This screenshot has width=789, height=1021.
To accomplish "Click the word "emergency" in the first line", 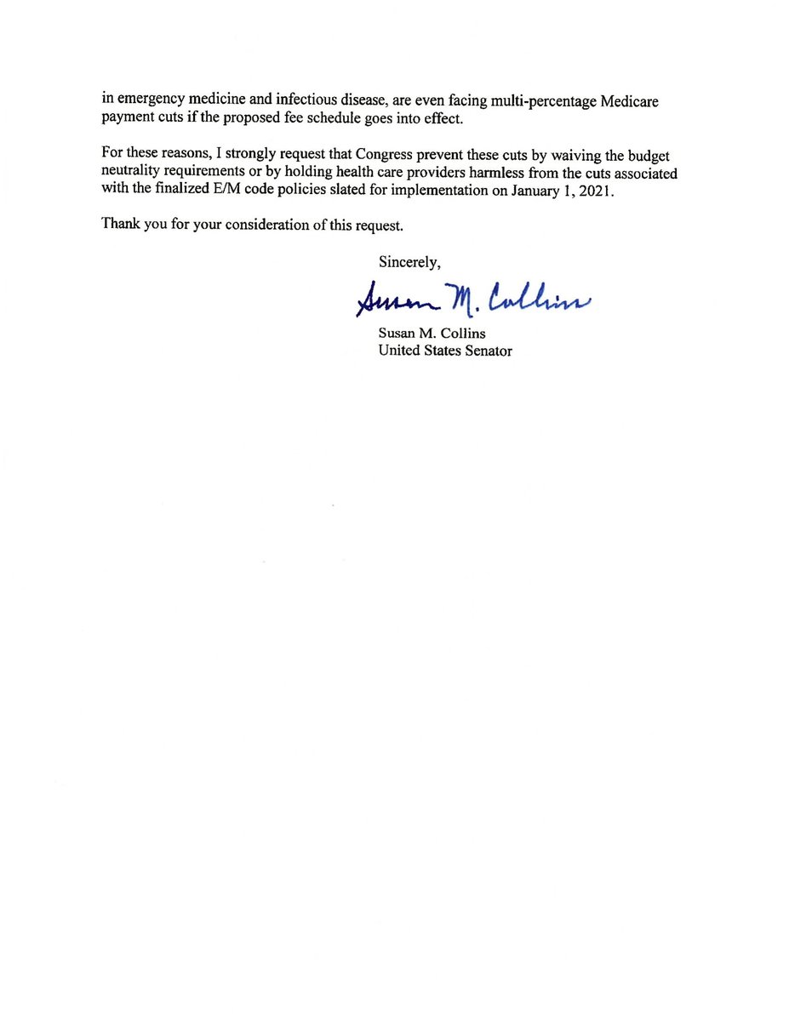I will coord(148,101).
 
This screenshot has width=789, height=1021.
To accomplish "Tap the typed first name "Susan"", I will coord(398,333).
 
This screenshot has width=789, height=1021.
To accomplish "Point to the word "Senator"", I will coord(486,351).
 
